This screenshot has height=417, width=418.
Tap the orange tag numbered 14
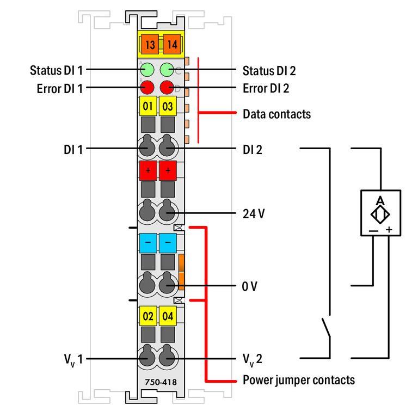tap(171, 44)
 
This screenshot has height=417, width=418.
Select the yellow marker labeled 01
tap(147, 106)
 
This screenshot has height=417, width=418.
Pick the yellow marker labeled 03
tap(168, 106)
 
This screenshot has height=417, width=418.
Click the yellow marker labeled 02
tap(147, 316)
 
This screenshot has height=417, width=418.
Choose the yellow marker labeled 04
tap(168, 316)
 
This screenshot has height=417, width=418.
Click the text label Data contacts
tap(276, 114)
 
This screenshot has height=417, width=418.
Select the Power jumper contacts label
tap(299, 379)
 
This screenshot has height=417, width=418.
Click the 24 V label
tap(254, 213)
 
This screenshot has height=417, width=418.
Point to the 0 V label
tap(250, 285)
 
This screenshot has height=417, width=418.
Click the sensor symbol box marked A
tap(380, 212)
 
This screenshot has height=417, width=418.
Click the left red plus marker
tap(147, 170)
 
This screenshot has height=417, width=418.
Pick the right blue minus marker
tap(168, 242)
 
